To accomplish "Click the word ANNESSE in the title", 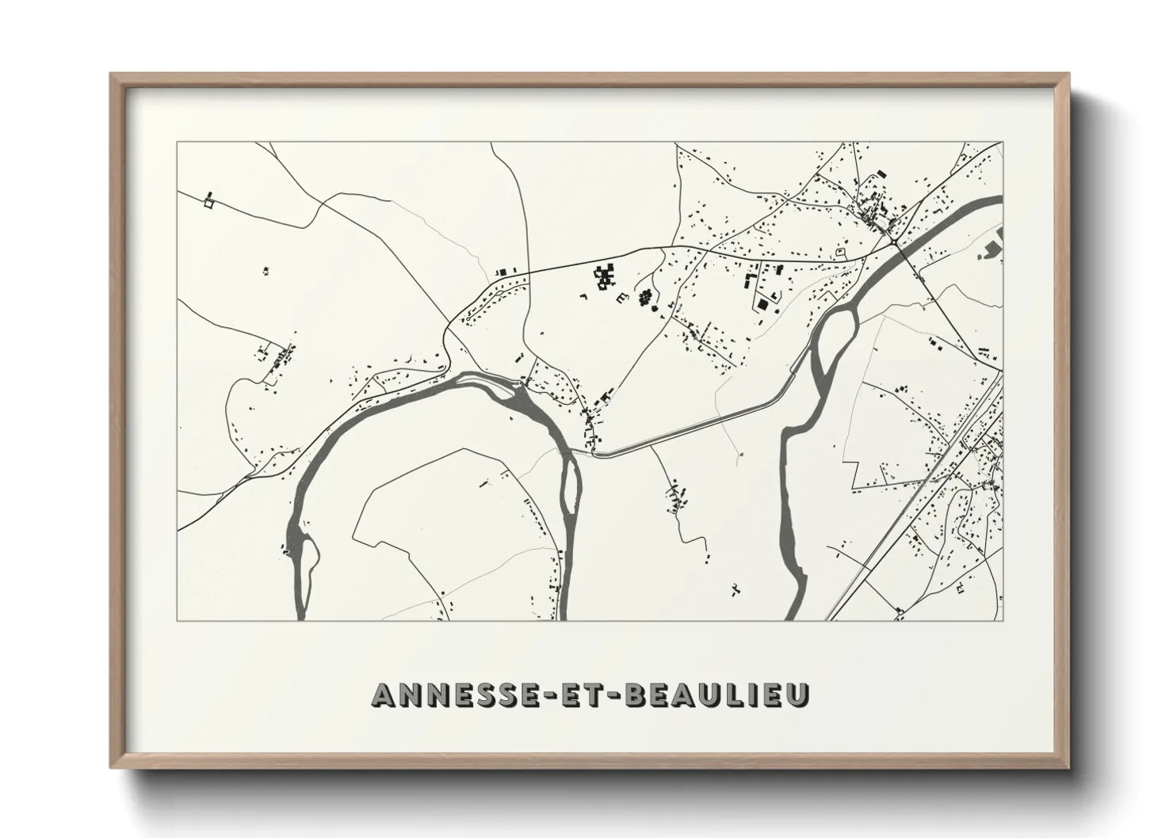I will point(449,695).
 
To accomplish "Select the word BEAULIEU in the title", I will point(717,695).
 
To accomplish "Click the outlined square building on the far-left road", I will point(209,204).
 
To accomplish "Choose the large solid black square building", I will point(762,304).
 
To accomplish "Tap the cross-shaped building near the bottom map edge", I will point(736,589).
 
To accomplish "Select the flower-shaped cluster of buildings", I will point(645,298).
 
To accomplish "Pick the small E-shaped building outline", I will point(622,296).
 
